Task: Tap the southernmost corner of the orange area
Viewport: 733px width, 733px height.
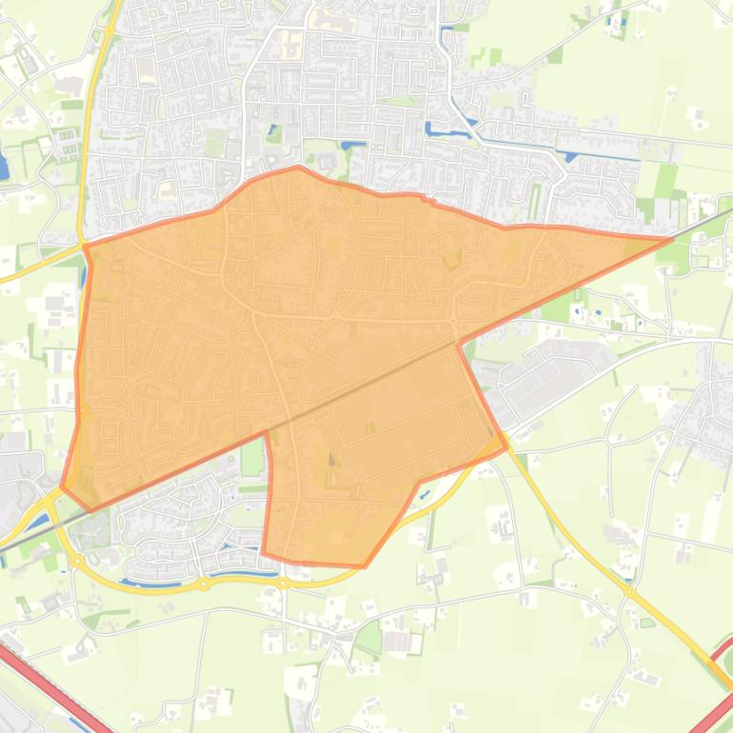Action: click(x=364, y=566)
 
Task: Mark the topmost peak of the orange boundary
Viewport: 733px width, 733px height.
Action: click(x=299, y=168)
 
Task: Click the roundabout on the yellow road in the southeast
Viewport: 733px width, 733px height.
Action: click(x=630, y=591)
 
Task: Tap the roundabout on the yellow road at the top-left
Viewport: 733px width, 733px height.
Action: click(x=109, y=31)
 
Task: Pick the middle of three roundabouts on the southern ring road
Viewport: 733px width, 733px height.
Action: click(x=203, y=584)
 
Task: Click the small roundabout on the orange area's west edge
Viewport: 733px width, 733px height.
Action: click(x=84, y=411)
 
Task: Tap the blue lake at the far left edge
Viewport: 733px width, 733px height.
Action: click(x=3, y=168)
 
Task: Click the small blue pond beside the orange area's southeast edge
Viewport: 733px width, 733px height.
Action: click(x=425, y=493)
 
